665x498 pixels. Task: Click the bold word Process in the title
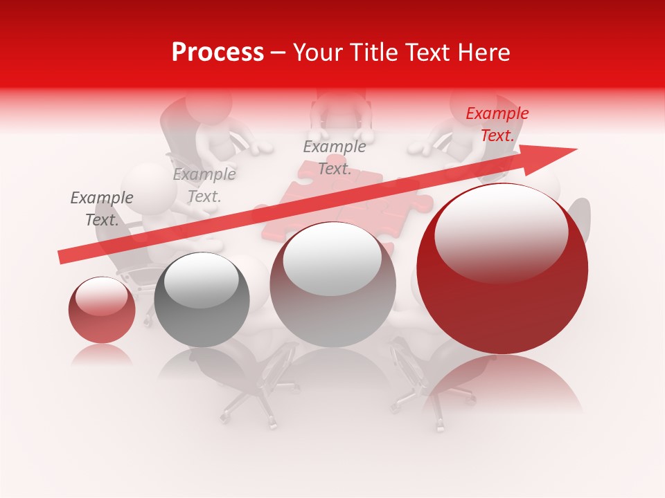[218, 53]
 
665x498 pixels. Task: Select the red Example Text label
[497, 124]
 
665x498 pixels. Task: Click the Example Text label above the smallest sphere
[102, 209]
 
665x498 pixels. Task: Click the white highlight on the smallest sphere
[101, 295]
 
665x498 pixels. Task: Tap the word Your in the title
[317, 53]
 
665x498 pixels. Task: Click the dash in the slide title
[278, 53]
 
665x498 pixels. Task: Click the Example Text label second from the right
[335, 158]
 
